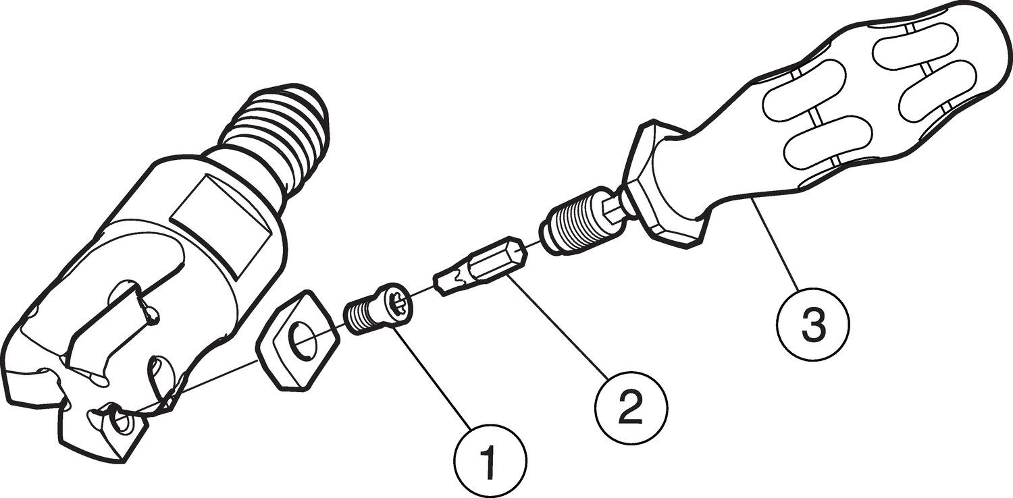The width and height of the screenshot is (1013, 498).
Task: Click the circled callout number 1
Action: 490,460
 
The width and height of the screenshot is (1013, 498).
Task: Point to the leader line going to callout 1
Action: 432,377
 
